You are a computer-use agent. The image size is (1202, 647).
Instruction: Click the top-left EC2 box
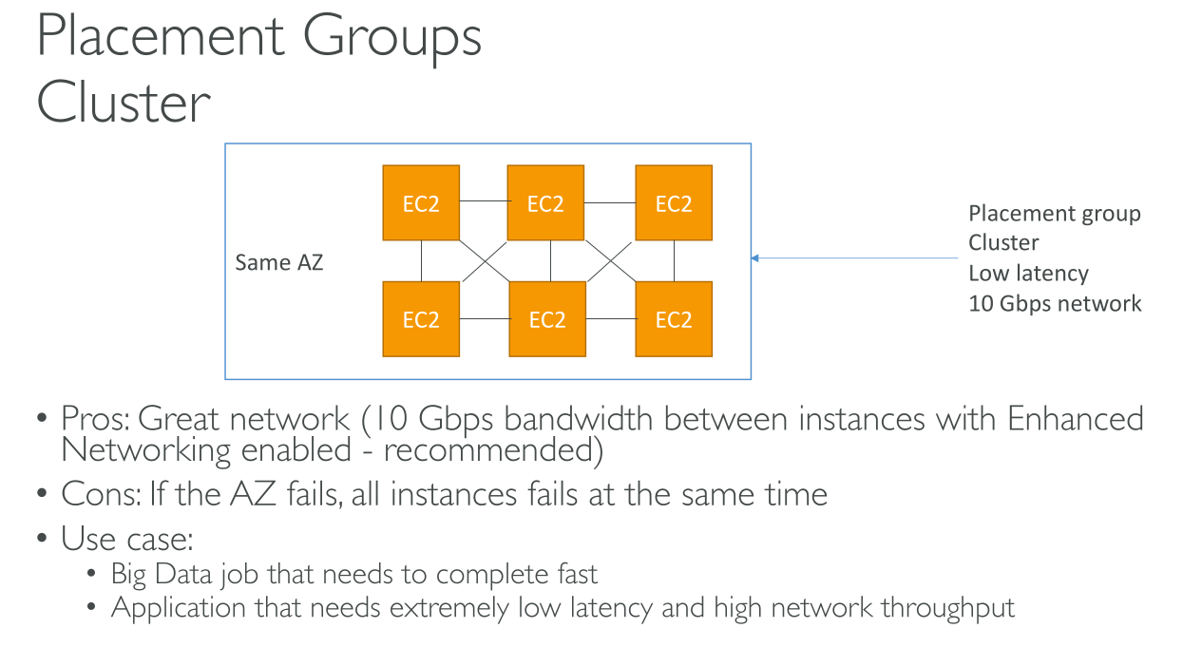click(x=420, y=203)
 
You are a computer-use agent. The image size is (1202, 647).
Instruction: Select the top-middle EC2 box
click(x=545, y=203)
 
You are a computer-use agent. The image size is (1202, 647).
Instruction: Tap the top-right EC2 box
click(x=674, y=203)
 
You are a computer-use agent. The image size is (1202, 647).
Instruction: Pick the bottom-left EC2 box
click(x=420, y=319)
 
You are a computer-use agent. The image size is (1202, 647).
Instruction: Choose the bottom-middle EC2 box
click(x=547, y=319)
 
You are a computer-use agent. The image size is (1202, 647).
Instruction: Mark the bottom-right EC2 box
click(x=674, y=319)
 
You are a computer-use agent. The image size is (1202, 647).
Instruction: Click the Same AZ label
click(x=279, y=262)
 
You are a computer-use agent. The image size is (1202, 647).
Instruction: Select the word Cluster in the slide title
click(x=124, y=103)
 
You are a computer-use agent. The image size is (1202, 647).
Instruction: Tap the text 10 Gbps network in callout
click(x=1055, y=304)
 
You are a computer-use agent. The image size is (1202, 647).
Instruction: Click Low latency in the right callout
click(x=1028, y=274)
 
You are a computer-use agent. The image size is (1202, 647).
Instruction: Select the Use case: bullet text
click(x=127, y=539)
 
